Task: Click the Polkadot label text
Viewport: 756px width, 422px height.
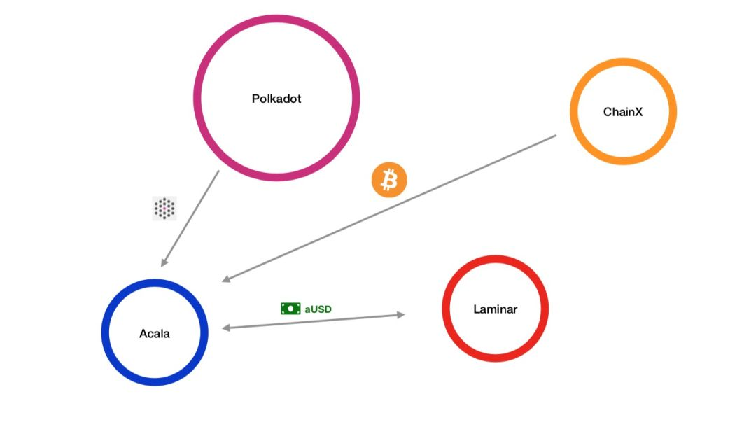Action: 276,99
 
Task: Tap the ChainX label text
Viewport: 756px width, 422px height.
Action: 622,112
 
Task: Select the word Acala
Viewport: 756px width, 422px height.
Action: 154,333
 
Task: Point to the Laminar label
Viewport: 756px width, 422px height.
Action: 495,309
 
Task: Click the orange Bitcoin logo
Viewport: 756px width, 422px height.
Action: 388,181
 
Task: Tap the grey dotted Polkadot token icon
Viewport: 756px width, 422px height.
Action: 164,208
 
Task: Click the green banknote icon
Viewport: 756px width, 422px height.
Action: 290,308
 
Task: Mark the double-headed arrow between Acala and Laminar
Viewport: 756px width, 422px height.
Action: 313,321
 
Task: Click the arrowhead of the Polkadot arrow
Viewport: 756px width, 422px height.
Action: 164,262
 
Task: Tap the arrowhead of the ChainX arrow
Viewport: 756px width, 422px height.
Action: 226,279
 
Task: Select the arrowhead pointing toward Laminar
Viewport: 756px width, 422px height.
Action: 401,315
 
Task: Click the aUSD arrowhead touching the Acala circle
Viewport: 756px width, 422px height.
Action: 225,326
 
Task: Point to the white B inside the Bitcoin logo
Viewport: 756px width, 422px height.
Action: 388,181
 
